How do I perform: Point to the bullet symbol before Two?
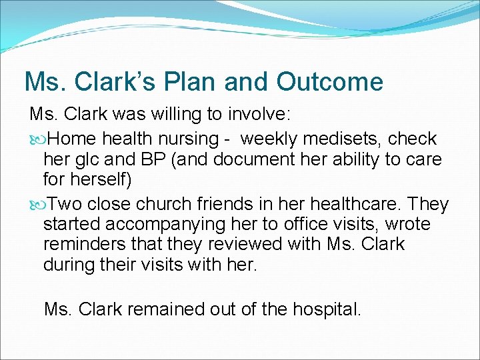click(36, 204)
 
